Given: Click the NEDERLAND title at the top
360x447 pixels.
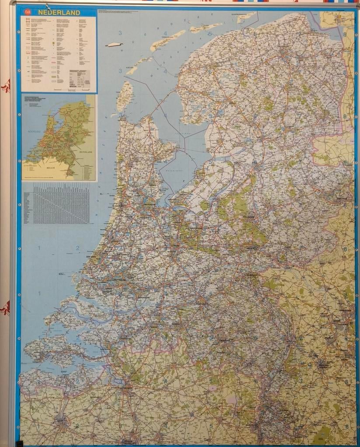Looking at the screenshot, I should pos(59,13).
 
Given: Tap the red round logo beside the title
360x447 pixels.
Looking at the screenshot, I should pos(29,13).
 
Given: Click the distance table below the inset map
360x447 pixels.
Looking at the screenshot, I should pos(57,203).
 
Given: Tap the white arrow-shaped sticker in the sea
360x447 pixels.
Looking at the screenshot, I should pos(114,44).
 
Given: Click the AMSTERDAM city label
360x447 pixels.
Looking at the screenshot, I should pos(149,205).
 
